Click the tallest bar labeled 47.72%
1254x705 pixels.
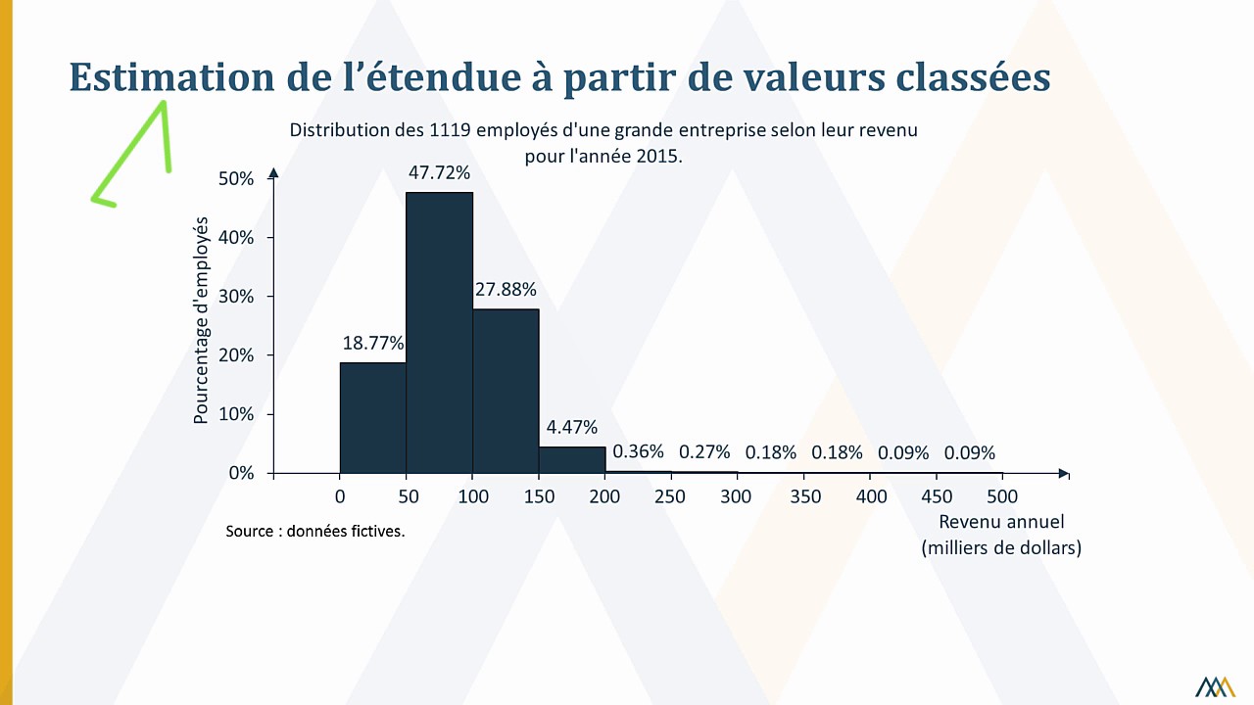click(439, 333)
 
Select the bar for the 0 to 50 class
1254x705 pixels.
click(372, 418)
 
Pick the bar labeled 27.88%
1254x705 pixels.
click(506, 391)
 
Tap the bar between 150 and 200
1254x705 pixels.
click(571, 460)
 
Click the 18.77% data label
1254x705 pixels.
click(373, 344)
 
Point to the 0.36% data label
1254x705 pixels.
click(638, 451)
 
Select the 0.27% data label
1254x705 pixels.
click(704, 451)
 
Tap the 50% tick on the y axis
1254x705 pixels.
click(236, 179)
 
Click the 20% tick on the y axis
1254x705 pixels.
click(236, 355)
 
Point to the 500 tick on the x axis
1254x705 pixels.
click(1002, 496)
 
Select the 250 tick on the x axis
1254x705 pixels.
click(670, 496)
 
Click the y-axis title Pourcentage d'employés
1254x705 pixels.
click(202, 320)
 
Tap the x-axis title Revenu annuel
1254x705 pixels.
click(1001, 522)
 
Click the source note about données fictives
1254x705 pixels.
click(314, 531)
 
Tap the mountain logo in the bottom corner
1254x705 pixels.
click(1215, 686)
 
